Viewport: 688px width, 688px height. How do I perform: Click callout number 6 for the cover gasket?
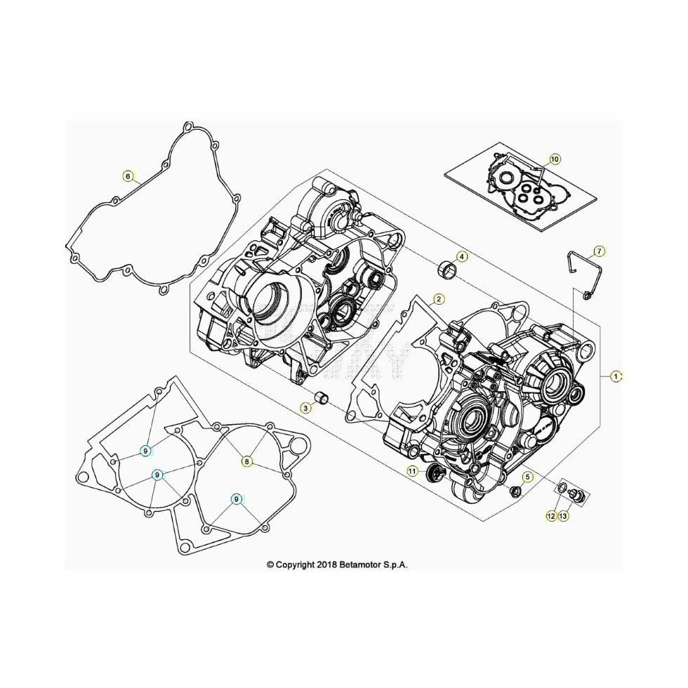click(128, 176)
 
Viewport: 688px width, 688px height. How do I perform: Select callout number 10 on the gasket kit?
click(555, 159)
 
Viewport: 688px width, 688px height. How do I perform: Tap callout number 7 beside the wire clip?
click(600, 251)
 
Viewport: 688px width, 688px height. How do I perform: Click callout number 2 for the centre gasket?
click(438, 300)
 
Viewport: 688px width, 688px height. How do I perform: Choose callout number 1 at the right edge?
click(616, 376)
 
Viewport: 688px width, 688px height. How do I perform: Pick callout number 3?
click(306, 408)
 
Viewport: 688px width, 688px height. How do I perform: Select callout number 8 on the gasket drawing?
click(247, 462)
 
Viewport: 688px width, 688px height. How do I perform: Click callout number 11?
click(411, 471)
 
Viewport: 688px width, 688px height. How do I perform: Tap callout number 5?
click(527, 477)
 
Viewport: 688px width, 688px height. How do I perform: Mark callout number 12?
click(551, 516)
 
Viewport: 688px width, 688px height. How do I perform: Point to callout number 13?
click(563, 516)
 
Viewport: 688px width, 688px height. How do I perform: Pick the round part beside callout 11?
click(433, 475)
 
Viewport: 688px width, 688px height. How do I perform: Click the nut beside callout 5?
click(515, 491)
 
